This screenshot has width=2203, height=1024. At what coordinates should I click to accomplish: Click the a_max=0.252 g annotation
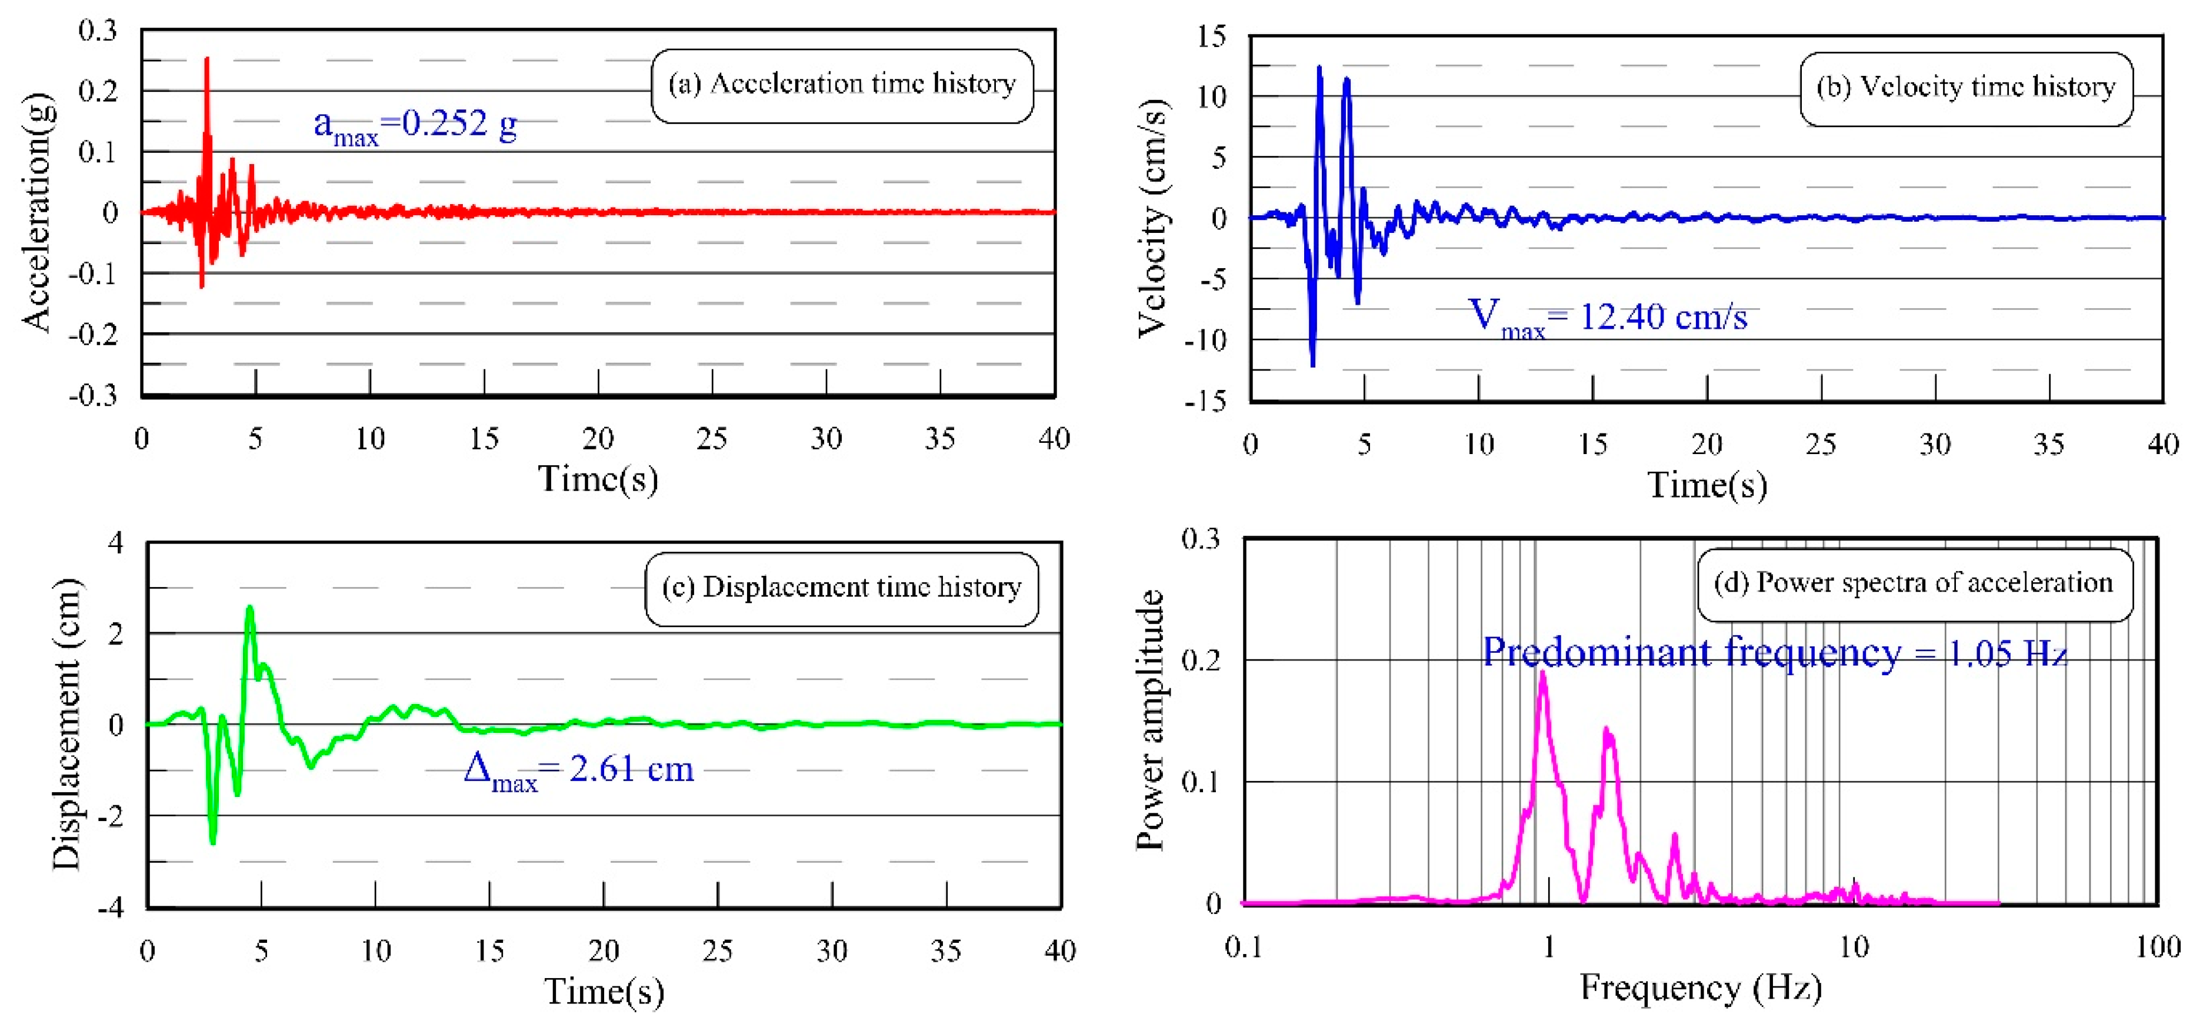(x=415, y=126)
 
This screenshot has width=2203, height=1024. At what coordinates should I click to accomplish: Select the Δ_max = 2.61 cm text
(x=578, y=770)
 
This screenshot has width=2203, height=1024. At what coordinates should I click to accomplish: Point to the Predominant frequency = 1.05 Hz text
(x=1775, y=653)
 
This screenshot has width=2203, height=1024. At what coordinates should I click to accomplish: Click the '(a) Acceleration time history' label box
(x=842, y=85)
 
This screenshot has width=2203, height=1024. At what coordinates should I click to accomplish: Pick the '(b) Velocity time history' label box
(x=1965, y=88)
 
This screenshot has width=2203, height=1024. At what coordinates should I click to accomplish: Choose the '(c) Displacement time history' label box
(x=842, y=588)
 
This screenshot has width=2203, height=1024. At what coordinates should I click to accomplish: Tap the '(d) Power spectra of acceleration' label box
(x=1914, y=584)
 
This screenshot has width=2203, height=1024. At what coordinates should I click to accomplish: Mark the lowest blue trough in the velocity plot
(x=1313, y=365)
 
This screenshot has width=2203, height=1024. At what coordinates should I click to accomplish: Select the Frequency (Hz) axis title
(x=1700, y=988)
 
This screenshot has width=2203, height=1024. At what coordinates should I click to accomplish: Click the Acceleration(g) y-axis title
(x=38, y=211)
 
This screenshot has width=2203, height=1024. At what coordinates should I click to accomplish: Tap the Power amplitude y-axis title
(x=1150, y=720)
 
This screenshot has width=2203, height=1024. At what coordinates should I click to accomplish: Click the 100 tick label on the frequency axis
(x=2157, y=947)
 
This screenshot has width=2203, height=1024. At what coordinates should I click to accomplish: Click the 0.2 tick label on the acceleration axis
(x=98, y=91)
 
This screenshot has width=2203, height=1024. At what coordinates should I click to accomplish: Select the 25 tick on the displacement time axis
(x=718, y=950)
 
